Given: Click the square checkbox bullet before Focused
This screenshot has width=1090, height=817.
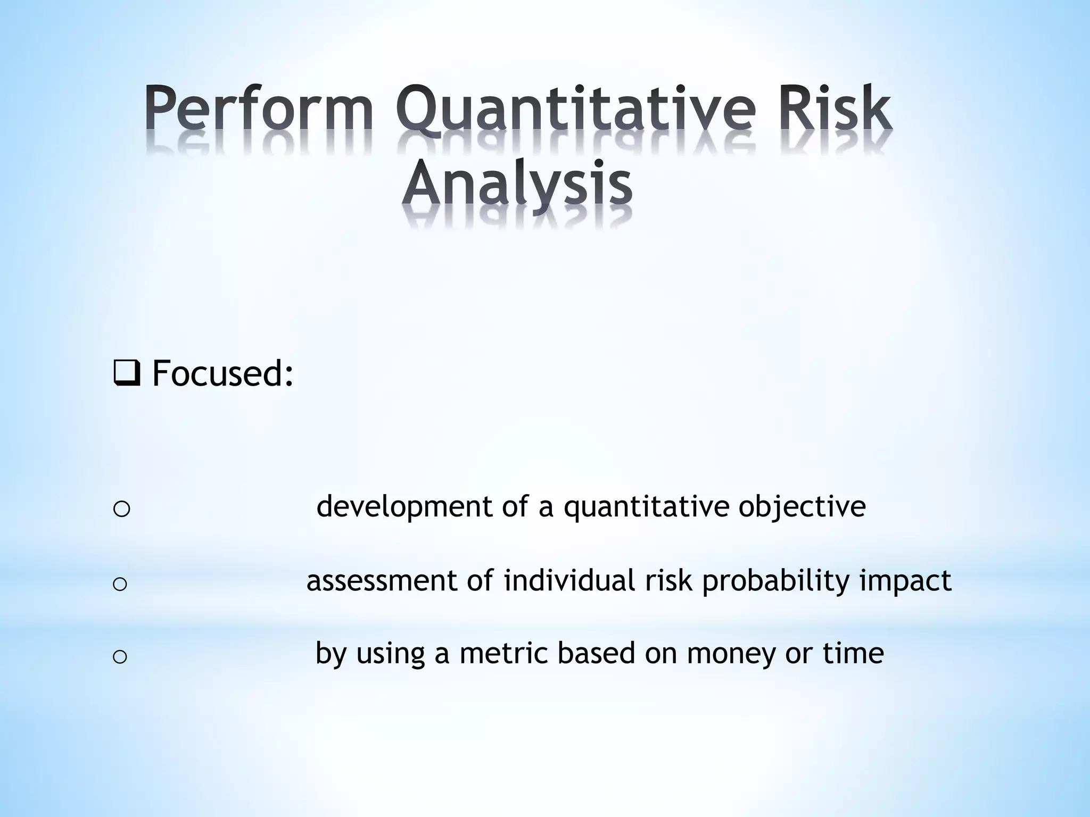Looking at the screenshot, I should point(127,374).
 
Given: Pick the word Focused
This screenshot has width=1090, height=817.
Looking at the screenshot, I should point(222,373).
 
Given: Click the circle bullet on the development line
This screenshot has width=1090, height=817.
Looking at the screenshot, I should point(122,509).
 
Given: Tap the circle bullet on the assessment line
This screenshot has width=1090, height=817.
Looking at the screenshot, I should point(120,584).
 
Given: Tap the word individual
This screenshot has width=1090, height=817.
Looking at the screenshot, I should point(569,581).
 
